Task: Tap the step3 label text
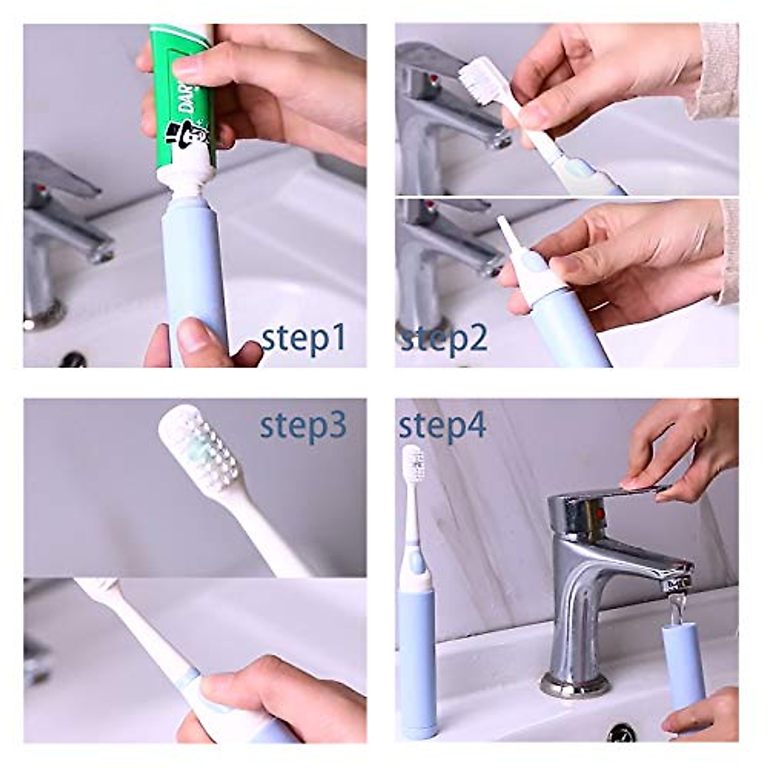click(303, 425)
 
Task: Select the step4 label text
click(442, 425)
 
